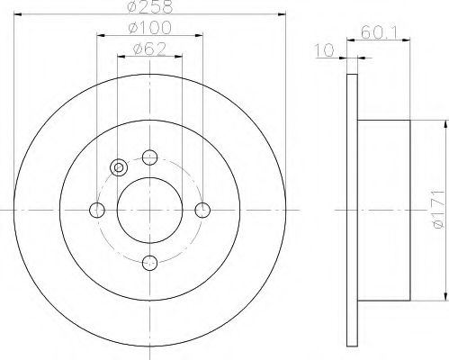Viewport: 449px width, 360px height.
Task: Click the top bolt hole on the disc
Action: coord(150,158)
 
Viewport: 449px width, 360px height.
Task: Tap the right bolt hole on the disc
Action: coord(202,210)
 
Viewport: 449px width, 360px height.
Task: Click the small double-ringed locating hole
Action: coord(118,167)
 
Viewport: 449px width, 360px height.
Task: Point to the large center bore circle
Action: coord(150,210)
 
